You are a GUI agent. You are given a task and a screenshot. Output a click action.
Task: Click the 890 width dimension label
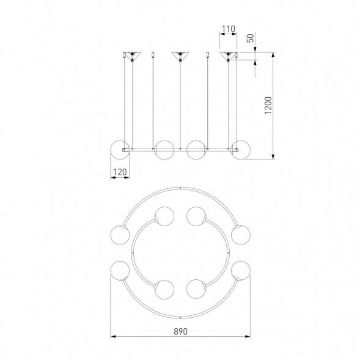pyautogui.click(x=180, y=332)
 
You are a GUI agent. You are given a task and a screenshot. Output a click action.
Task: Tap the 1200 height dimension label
pyautogui.click(x=268, y=105)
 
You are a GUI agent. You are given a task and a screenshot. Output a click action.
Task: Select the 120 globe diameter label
pyautogui.click(x=120, y=172)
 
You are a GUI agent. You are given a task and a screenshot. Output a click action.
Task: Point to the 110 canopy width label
pyautogui.click(x=229, y=29)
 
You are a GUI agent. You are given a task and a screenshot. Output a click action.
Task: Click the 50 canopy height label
pyautogui.click(x=251, y=38)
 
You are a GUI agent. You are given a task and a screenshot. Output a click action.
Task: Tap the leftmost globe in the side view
pyautogui.click(x=120, y=150)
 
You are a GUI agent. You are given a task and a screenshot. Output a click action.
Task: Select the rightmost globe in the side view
pyautogui.click(x=241, y=150)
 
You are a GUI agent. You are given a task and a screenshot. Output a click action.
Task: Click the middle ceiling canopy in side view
pyautogui.click(x=180, y=56)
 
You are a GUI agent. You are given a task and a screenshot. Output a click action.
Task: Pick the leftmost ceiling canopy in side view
pyautogui.click(x=132, y=56)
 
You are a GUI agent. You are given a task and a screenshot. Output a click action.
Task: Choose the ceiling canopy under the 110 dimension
pyautogui.click(x=228, y=56)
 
